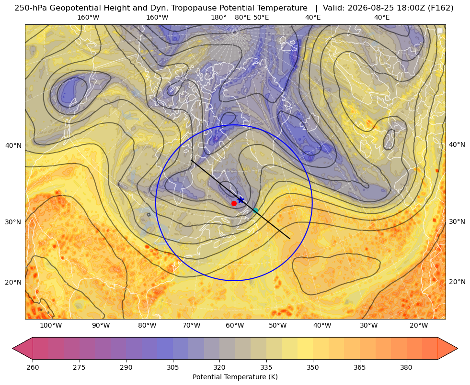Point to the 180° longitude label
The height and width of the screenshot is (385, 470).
pos(218,18)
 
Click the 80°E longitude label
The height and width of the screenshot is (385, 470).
pos(243,18)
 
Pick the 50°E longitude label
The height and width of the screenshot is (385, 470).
pos(261,18)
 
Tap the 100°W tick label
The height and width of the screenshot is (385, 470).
pos(51,326)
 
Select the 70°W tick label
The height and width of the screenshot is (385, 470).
pos(191,326)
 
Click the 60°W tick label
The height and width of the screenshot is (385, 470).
pos(234,326)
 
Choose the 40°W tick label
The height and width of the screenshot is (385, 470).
pos(322,326)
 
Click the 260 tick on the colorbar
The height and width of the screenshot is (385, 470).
pos(33,367)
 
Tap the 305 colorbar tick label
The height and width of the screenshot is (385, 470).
pos(173,367)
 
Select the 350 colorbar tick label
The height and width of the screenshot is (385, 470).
pos(313,367)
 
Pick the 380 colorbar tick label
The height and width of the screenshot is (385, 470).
pos(406,367)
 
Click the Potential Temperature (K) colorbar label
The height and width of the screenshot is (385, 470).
pos(235,377)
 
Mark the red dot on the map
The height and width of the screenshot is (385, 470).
pos(234,203)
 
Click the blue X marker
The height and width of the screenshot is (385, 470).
pos(241,200)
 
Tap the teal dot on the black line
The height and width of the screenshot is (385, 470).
pos(255,210)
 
